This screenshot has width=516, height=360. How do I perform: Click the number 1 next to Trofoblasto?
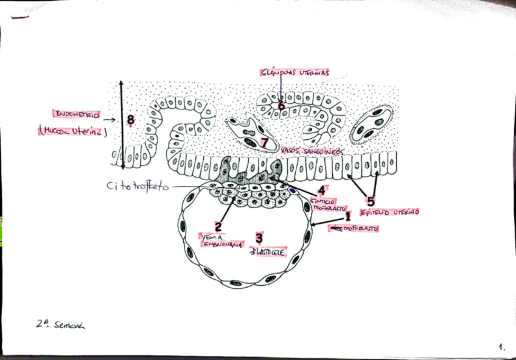[348, 216]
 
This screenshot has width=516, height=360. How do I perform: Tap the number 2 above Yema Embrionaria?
[218, 227]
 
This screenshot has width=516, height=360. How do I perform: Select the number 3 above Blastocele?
[259, 238]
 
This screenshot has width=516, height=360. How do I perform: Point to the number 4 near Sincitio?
[321, 190]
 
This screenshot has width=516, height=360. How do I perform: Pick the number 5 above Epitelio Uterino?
[371, 202]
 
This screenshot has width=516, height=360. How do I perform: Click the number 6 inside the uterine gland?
[281, 105]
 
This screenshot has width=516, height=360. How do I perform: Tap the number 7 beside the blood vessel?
[265, 142]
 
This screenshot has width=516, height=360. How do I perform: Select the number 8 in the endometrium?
[130, 120]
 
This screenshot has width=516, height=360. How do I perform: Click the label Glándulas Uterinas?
[295, 72]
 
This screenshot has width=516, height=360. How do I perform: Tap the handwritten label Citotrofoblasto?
[136, 186]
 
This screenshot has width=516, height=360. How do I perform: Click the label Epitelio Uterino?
[389, 212]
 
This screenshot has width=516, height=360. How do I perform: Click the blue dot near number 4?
[293, 190]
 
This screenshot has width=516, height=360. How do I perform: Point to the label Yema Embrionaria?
[221, 241]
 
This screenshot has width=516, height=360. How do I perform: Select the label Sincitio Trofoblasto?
[329, 204]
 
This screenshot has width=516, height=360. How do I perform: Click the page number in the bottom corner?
[501, 347]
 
